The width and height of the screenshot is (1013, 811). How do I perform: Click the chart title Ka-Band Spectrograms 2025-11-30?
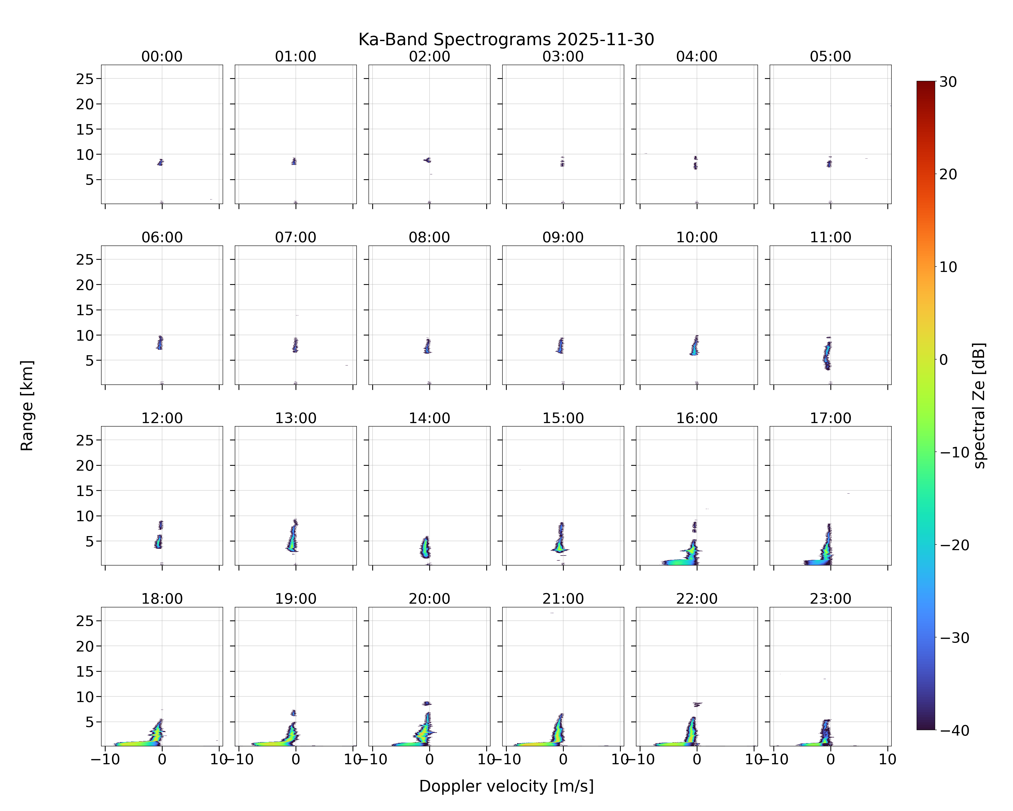click(x=506, y=39)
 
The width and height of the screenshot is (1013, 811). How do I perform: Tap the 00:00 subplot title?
click(x=162, y=56)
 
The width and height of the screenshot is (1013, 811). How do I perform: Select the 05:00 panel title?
click(x=830, y=56)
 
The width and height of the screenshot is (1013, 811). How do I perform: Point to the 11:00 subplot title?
click(x=830, y=237)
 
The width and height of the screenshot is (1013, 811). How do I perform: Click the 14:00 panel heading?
click(x=430, y=418)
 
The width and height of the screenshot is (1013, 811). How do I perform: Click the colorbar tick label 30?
click(x=948, y=82)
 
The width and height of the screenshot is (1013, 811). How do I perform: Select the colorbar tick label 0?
click(x=944, y=360)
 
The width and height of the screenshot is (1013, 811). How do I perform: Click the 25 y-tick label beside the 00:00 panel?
click(x=85, y=79)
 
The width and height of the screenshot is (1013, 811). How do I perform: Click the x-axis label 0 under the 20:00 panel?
click(x=430, y=759)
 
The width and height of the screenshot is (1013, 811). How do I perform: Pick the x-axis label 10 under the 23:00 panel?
click(x=888, y=759)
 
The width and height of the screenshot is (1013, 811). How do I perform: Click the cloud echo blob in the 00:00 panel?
click(x=160, y=162)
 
